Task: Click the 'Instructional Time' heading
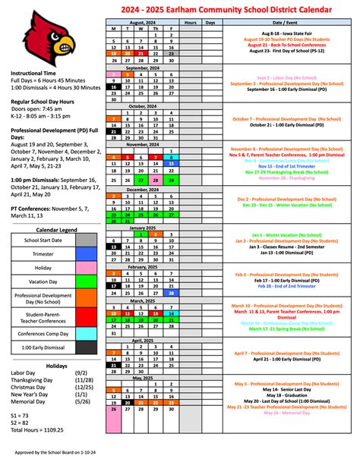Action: [x=34, y=74]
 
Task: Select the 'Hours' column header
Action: [x=190, y=23]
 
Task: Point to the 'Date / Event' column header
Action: [x=285, y=23]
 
